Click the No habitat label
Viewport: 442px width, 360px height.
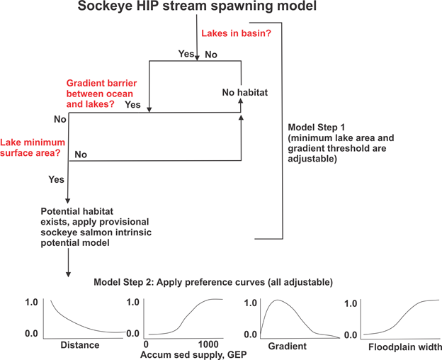(244, 92)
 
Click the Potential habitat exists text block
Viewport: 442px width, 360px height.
(92, 227)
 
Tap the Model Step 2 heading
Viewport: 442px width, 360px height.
(213, 282)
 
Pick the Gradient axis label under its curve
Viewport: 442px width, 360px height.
(287, 346)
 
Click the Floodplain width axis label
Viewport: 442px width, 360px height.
(405, 347)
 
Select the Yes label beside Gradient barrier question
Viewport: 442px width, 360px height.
(132, 105)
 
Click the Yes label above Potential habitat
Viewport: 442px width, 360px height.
(57, 180)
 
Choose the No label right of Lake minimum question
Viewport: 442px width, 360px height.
(81, 154)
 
